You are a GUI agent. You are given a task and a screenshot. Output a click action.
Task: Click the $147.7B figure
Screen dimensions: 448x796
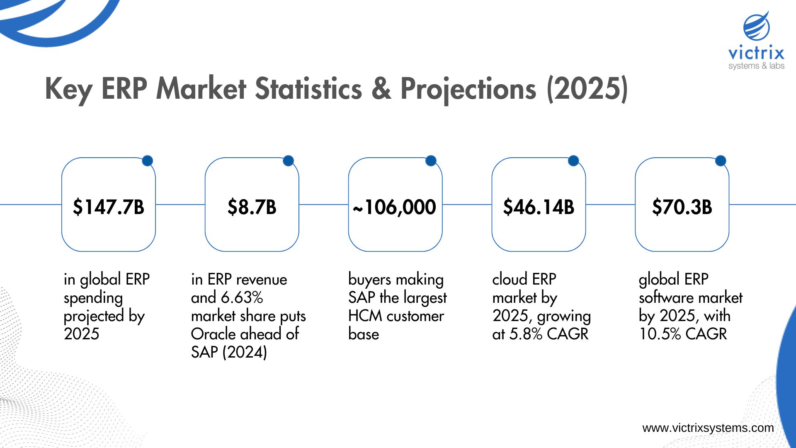(x=108, y=207)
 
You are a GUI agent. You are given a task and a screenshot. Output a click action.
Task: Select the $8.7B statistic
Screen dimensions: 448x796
(x=252, y=207)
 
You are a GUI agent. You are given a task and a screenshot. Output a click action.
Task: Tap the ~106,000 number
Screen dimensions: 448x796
(x=395, y=207)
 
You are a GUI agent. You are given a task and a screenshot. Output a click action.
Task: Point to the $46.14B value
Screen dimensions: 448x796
(x=539, y=207)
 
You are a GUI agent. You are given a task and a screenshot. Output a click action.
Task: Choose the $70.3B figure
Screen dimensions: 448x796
(x=682, y=207)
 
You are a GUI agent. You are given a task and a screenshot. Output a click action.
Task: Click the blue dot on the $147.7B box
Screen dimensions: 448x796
(x=148, y=161)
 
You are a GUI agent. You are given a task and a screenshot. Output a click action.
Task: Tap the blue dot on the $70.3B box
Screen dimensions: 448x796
(x=721, y=161)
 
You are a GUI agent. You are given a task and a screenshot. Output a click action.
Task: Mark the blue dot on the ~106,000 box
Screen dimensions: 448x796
(x=431, y=161)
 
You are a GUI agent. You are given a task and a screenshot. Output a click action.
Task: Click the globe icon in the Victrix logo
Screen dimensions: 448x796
(x=757, y=27)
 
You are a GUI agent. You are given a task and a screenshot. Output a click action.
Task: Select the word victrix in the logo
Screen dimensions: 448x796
(x=756, y=53)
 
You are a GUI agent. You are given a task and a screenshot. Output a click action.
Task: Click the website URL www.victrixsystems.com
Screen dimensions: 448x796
(x=708, y=428)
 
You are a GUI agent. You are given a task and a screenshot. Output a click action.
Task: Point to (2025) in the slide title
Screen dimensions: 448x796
(x=587, y=88)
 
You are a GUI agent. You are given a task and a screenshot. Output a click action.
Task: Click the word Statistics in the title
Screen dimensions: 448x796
(x=308, y=88)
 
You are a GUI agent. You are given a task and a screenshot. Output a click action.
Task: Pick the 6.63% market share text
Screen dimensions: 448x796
(x=242, y=297)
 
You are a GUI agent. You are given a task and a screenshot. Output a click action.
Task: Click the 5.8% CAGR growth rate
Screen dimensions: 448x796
(x=549, y=334)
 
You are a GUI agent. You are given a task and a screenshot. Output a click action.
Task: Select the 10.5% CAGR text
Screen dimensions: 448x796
(x=683, y=334)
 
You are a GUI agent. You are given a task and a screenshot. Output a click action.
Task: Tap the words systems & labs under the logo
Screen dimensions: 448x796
(x=756, y=66)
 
